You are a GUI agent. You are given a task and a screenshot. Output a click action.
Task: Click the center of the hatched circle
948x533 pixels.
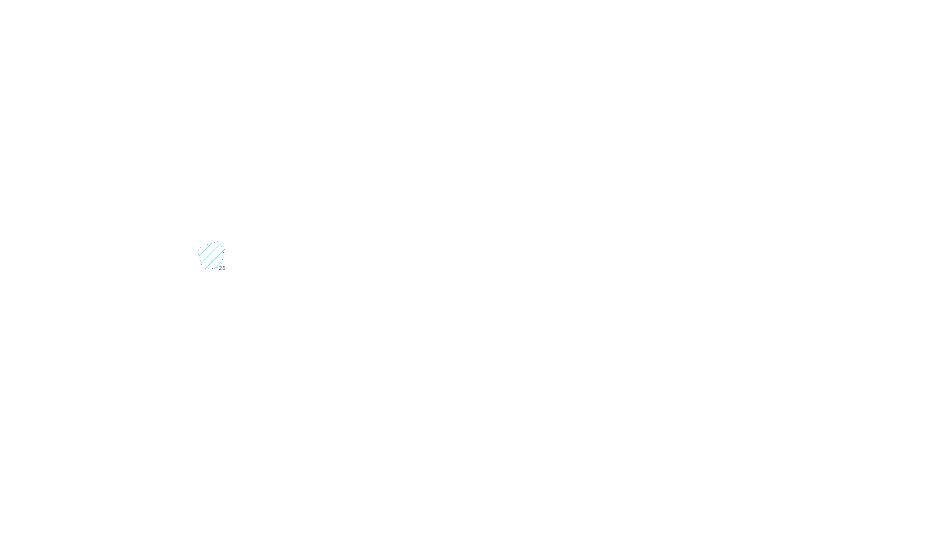pyautogui.click(x=212, y=255)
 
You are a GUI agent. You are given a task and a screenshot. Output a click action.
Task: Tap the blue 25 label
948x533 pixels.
pyautogui.click(x=222, y=268)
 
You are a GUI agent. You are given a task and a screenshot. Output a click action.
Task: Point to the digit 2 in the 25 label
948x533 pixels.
pyautogui.click(x=220, y=268)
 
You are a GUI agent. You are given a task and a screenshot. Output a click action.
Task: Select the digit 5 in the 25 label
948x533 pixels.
pyautogui.click(x=223, y=268)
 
